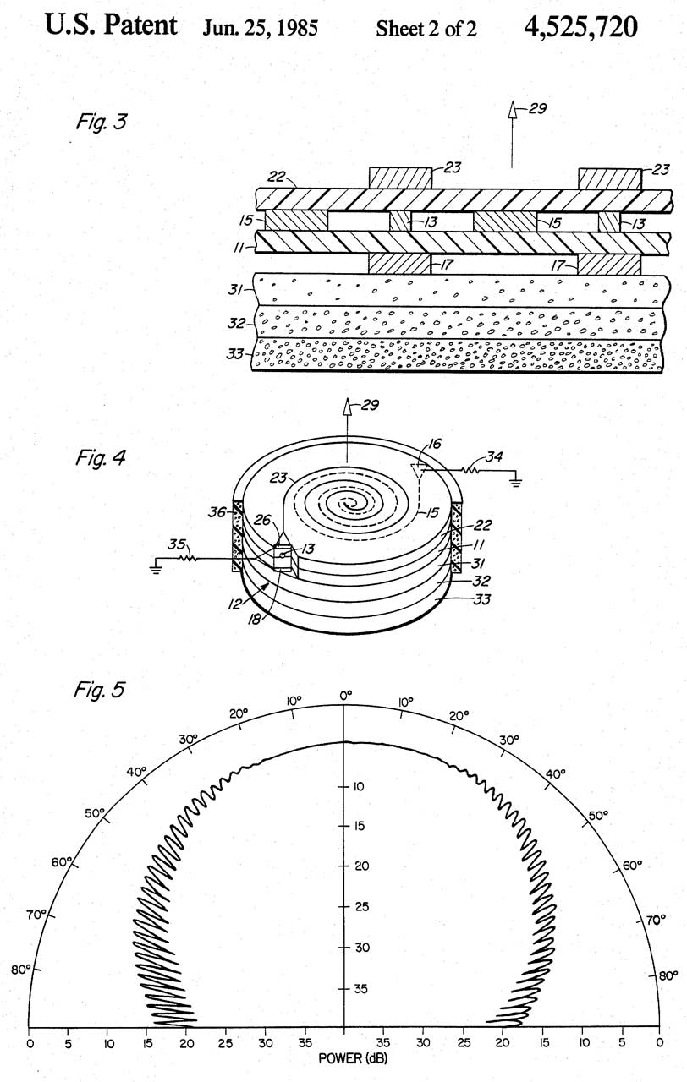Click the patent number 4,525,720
tap(580, 27)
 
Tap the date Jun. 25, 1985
tap(260, 29)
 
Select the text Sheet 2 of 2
tap(426, 29)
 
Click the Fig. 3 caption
tap(101, 121)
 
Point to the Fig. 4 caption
tap(101, 457)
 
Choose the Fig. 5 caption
tap(99, 689)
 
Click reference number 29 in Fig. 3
tap(537, 109)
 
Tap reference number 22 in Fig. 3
tap(277, 177)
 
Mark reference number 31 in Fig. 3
tap(235, 290)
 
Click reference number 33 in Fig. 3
tap(235, 354)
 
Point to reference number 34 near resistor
tap(493, 456)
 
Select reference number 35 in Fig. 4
tap(177, 544)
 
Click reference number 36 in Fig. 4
tap(217, 512)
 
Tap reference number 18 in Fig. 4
tap(255, 619)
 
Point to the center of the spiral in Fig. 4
tap(347, 505)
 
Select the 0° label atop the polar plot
tap(346, 695)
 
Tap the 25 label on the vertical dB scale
tap(361, 906)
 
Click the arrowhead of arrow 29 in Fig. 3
tap(512, 111)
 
